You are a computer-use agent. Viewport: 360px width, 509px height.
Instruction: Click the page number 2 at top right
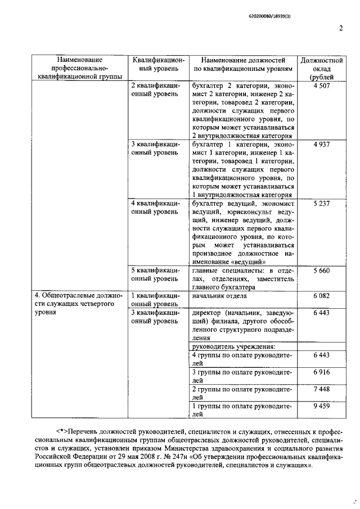(341, 29)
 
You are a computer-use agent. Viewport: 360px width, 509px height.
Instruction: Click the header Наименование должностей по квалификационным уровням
(243, 64)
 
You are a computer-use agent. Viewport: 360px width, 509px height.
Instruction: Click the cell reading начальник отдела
(219, 295)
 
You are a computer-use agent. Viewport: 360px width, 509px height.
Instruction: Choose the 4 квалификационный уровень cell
(155, 207)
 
